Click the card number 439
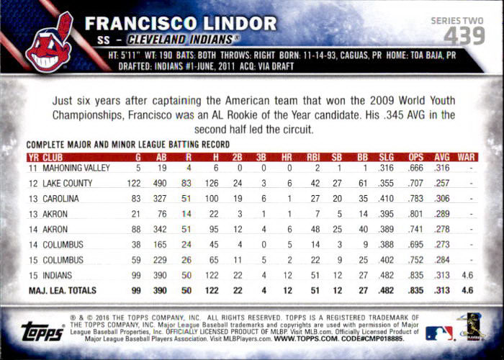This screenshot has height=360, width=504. click(464, 36)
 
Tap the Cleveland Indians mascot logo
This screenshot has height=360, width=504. click(50, 42)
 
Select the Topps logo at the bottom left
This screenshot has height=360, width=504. click(42, 330)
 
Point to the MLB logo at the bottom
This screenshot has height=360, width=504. click(438, 333)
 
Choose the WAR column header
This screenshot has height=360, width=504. click(466, 158)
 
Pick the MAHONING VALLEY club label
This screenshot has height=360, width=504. click(76, 168)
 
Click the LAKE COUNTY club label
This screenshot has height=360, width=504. click(68, 183)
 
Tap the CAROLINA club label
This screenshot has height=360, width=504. click(60, 199)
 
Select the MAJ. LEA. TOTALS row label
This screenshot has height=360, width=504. click(63, 291)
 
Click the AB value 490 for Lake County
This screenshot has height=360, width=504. click(160, 183)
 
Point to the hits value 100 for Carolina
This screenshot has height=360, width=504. click(212, 199)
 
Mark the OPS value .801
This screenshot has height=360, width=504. click(415, 214)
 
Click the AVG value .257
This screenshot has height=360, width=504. click(441, 183)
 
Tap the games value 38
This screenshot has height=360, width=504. click(136, 245)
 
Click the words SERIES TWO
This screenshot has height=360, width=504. click(457, 21)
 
